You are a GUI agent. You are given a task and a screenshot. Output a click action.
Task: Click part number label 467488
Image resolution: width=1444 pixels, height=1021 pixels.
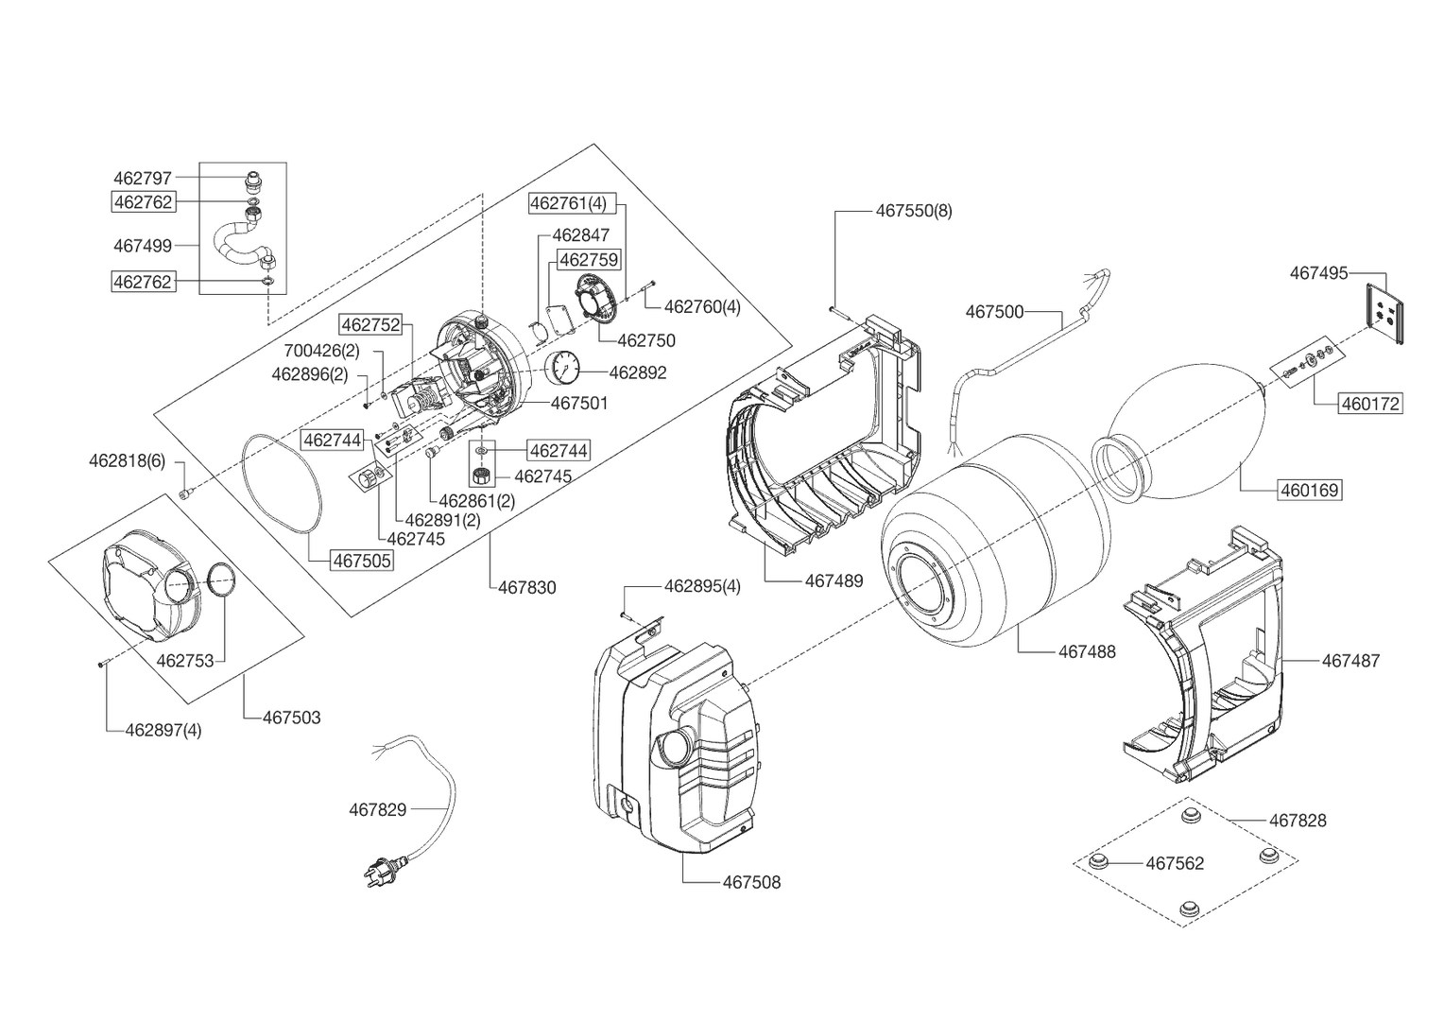1087,651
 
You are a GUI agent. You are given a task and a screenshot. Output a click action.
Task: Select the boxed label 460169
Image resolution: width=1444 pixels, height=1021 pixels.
1309,491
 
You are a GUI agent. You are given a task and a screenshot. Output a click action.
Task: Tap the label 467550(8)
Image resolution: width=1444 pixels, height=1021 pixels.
914,211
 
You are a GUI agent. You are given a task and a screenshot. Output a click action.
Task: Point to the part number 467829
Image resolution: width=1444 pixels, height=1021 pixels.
377,809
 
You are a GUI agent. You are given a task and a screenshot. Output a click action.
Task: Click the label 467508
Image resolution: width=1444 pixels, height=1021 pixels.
751,883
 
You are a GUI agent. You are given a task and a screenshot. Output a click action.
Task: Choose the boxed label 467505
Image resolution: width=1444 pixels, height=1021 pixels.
361,560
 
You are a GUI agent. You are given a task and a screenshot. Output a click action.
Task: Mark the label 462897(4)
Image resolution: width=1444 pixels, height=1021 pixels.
163,730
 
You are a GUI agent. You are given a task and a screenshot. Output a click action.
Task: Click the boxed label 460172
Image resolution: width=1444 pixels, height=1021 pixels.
1370,404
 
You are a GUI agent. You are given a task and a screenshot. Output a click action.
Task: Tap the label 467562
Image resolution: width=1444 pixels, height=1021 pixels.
1175,863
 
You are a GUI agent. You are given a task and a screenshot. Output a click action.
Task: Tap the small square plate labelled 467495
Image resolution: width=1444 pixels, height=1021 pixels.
1384,312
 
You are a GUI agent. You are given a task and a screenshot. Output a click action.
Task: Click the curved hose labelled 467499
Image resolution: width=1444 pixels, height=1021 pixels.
236,241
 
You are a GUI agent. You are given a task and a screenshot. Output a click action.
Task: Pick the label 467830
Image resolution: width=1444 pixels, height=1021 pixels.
527,588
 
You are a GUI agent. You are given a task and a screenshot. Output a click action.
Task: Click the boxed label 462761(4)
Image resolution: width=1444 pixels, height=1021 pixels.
568,203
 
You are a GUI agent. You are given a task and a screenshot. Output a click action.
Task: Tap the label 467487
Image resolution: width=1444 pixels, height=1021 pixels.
1349,661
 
